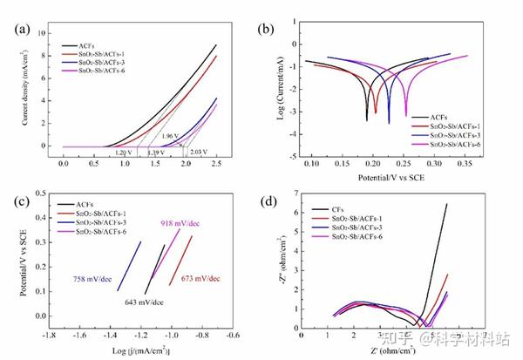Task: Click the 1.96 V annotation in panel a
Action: [x=170, y=135]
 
